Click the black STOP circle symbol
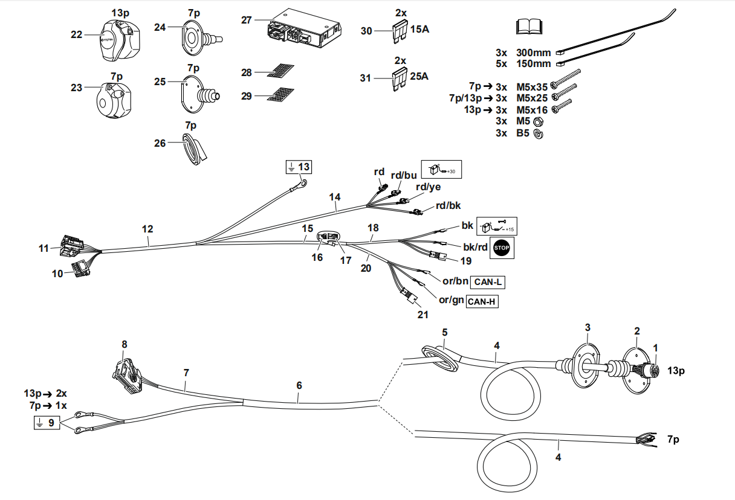coord(502,247)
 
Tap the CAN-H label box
coord(482,301)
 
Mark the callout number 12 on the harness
coord(147,229)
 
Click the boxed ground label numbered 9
coord(47,423)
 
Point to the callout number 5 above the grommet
coord(444,333)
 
